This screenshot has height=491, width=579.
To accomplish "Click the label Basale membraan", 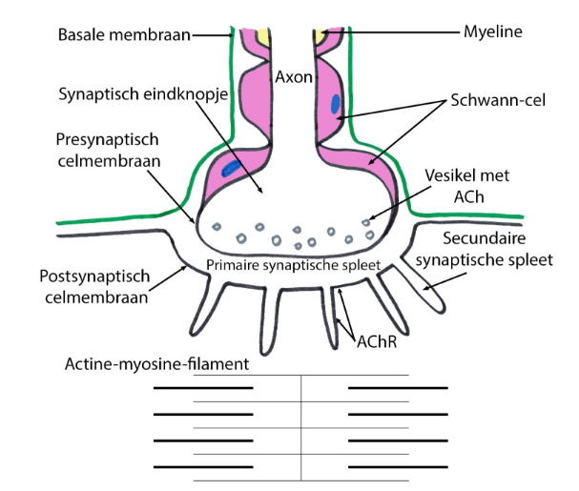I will [x=123, y=35].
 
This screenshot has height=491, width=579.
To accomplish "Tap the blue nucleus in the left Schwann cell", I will [x=230, y=169].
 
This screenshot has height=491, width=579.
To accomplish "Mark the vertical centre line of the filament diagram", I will [x=300, y=427].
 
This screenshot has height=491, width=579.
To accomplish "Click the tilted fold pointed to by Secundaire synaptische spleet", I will [x=417, y=287].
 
